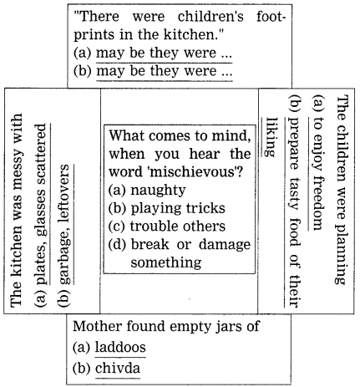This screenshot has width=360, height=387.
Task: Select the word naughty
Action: click(x=158, y=191)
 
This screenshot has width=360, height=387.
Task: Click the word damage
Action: click(x=225, y=244)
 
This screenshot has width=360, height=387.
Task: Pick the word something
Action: click(x=166, y=262)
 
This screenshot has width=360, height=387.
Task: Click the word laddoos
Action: click(x=120, y=347)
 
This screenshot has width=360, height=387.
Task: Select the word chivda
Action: click(x=118, y=369)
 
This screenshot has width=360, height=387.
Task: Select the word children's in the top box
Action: click(x=210, y=17)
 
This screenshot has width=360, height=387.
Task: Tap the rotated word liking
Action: click(x=271, y=136)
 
